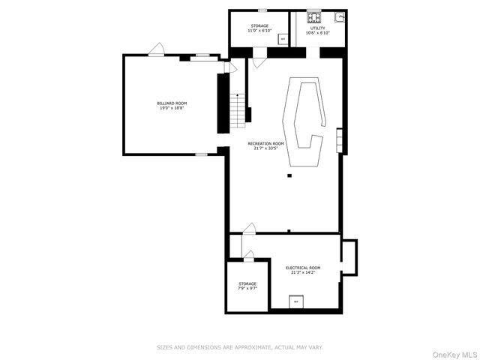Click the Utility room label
pos(317,28)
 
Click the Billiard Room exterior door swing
pos(157,49)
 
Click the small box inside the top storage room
pos(282,40)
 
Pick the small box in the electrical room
pos(296,301)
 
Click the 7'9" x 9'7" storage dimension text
pos(247,288)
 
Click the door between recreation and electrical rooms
pos(249,227)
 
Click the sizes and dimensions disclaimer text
pos(239,347)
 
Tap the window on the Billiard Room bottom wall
pos(201,154)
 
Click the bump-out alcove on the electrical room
pos(349,255)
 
